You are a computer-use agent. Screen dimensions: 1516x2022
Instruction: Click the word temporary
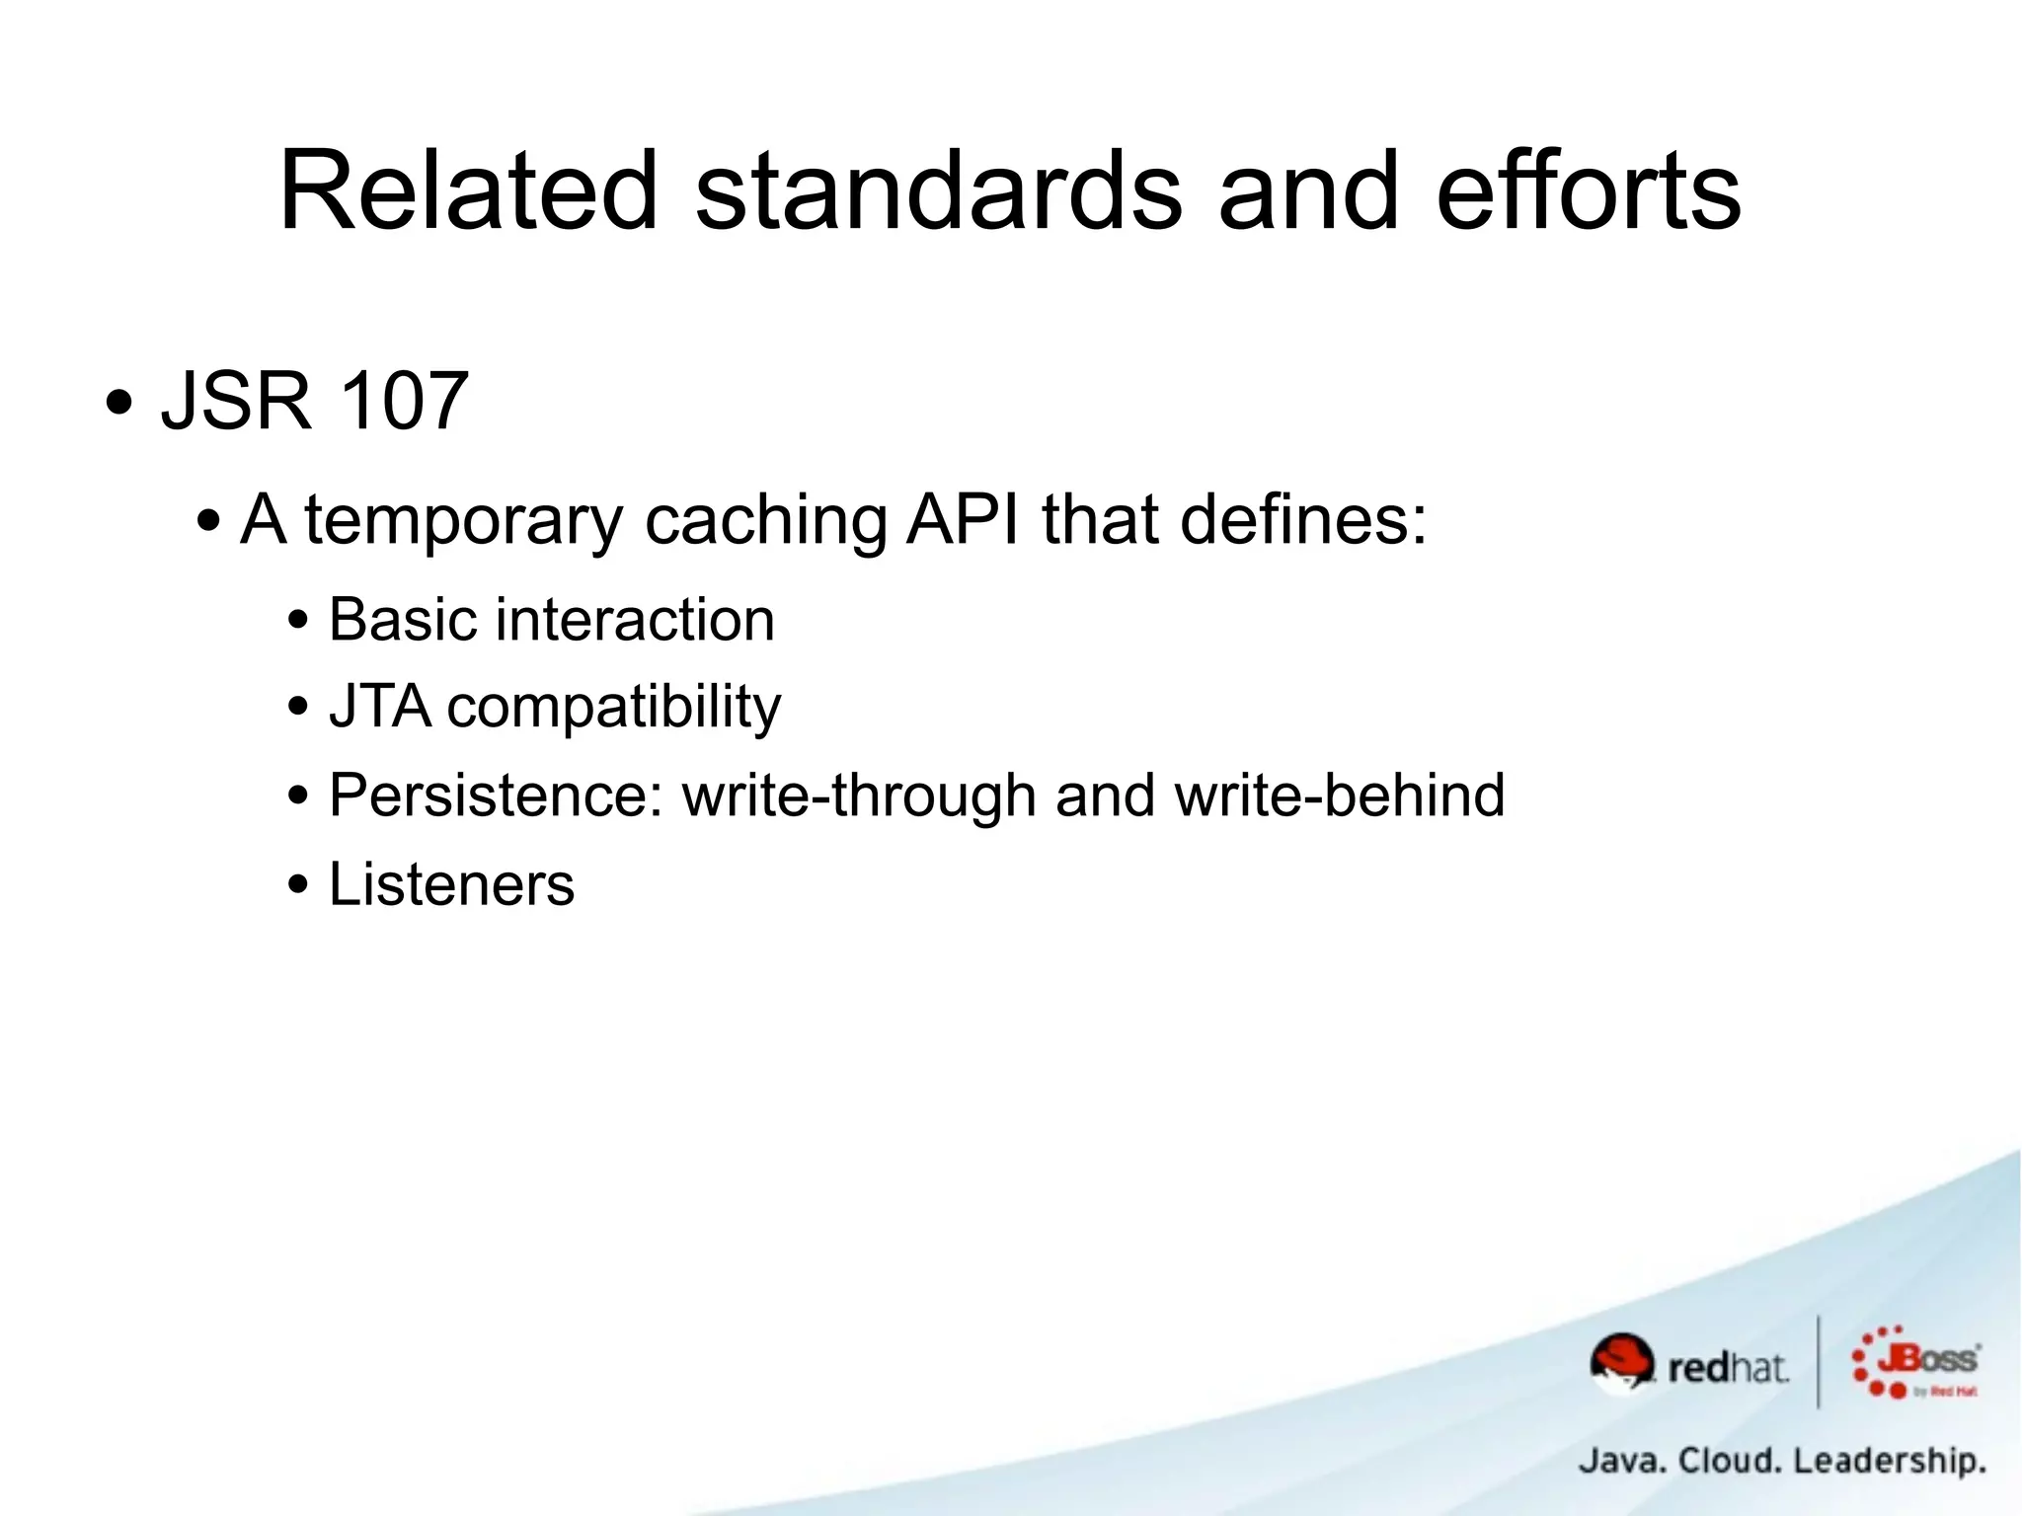[463, 520]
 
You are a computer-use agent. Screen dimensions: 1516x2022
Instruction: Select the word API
[963, 519]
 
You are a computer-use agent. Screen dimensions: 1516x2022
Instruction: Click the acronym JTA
[380, 707]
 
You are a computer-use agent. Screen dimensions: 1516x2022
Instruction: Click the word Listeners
[451, 884]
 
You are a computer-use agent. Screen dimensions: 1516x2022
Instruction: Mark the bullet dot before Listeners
[298, 885]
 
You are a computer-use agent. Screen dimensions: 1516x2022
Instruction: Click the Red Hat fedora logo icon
[1621, 1362]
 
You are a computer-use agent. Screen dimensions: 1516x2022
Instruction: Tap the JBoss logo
[1916, 1363]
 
